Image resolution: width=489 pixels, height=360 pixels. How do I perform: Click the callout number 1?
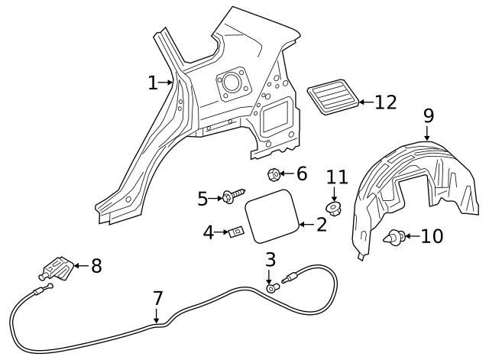[153, 83]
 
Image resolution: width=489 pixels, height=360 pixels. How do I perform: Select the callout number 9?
[428, 115]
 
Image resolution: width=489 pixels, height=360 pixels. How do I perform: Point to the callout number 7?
[157, 297]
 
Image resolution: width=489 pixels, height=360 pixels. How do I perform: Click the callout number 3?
[270, 259]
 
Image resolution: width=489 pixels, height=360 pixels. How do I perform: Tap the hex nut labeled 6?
[274, 176]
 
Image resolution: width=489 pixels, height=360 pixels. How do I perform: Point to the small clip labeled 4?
[237, 231]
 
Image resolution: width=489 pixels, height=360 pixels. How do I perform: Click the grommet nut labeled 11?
[334, 207]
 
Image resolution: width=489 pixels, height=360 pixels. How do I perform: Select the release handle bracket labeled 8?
[55, 268]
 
